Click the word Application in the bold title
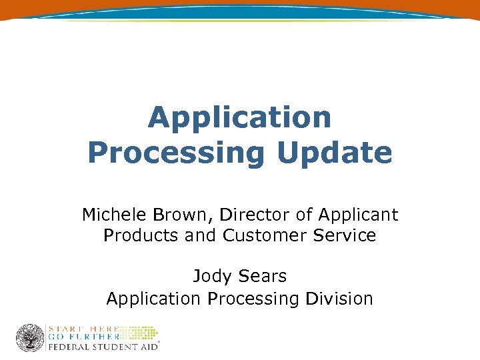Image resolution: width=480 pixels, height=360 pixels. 239,119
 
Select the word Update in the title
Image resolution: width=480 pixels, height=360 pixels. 334,153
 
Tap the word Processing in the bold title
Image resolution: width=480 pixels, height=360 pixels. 176,153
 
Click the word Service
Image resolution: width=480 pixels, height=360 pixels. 343,235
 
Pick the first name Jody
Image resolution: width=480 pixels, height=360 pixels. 210,275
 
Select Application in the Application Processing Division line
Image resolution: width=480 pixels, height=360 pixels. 153,298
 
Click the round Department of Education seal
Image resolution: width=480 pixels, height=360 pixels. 29,338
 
